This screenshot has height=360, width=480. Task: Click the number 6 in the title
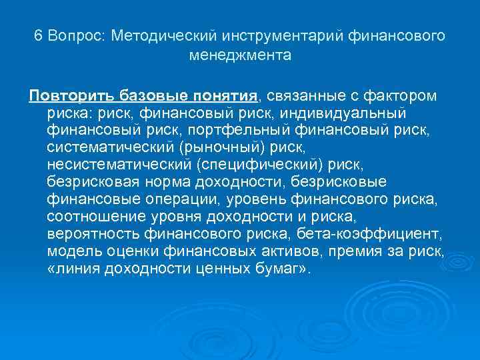(39, 35)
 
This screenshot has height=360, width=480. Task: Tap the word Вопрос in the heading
(77, 35)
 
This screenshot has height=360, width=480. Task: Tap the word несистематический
(119, 164)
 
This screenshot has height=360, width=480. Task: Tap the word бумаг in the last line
(278, 268)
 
